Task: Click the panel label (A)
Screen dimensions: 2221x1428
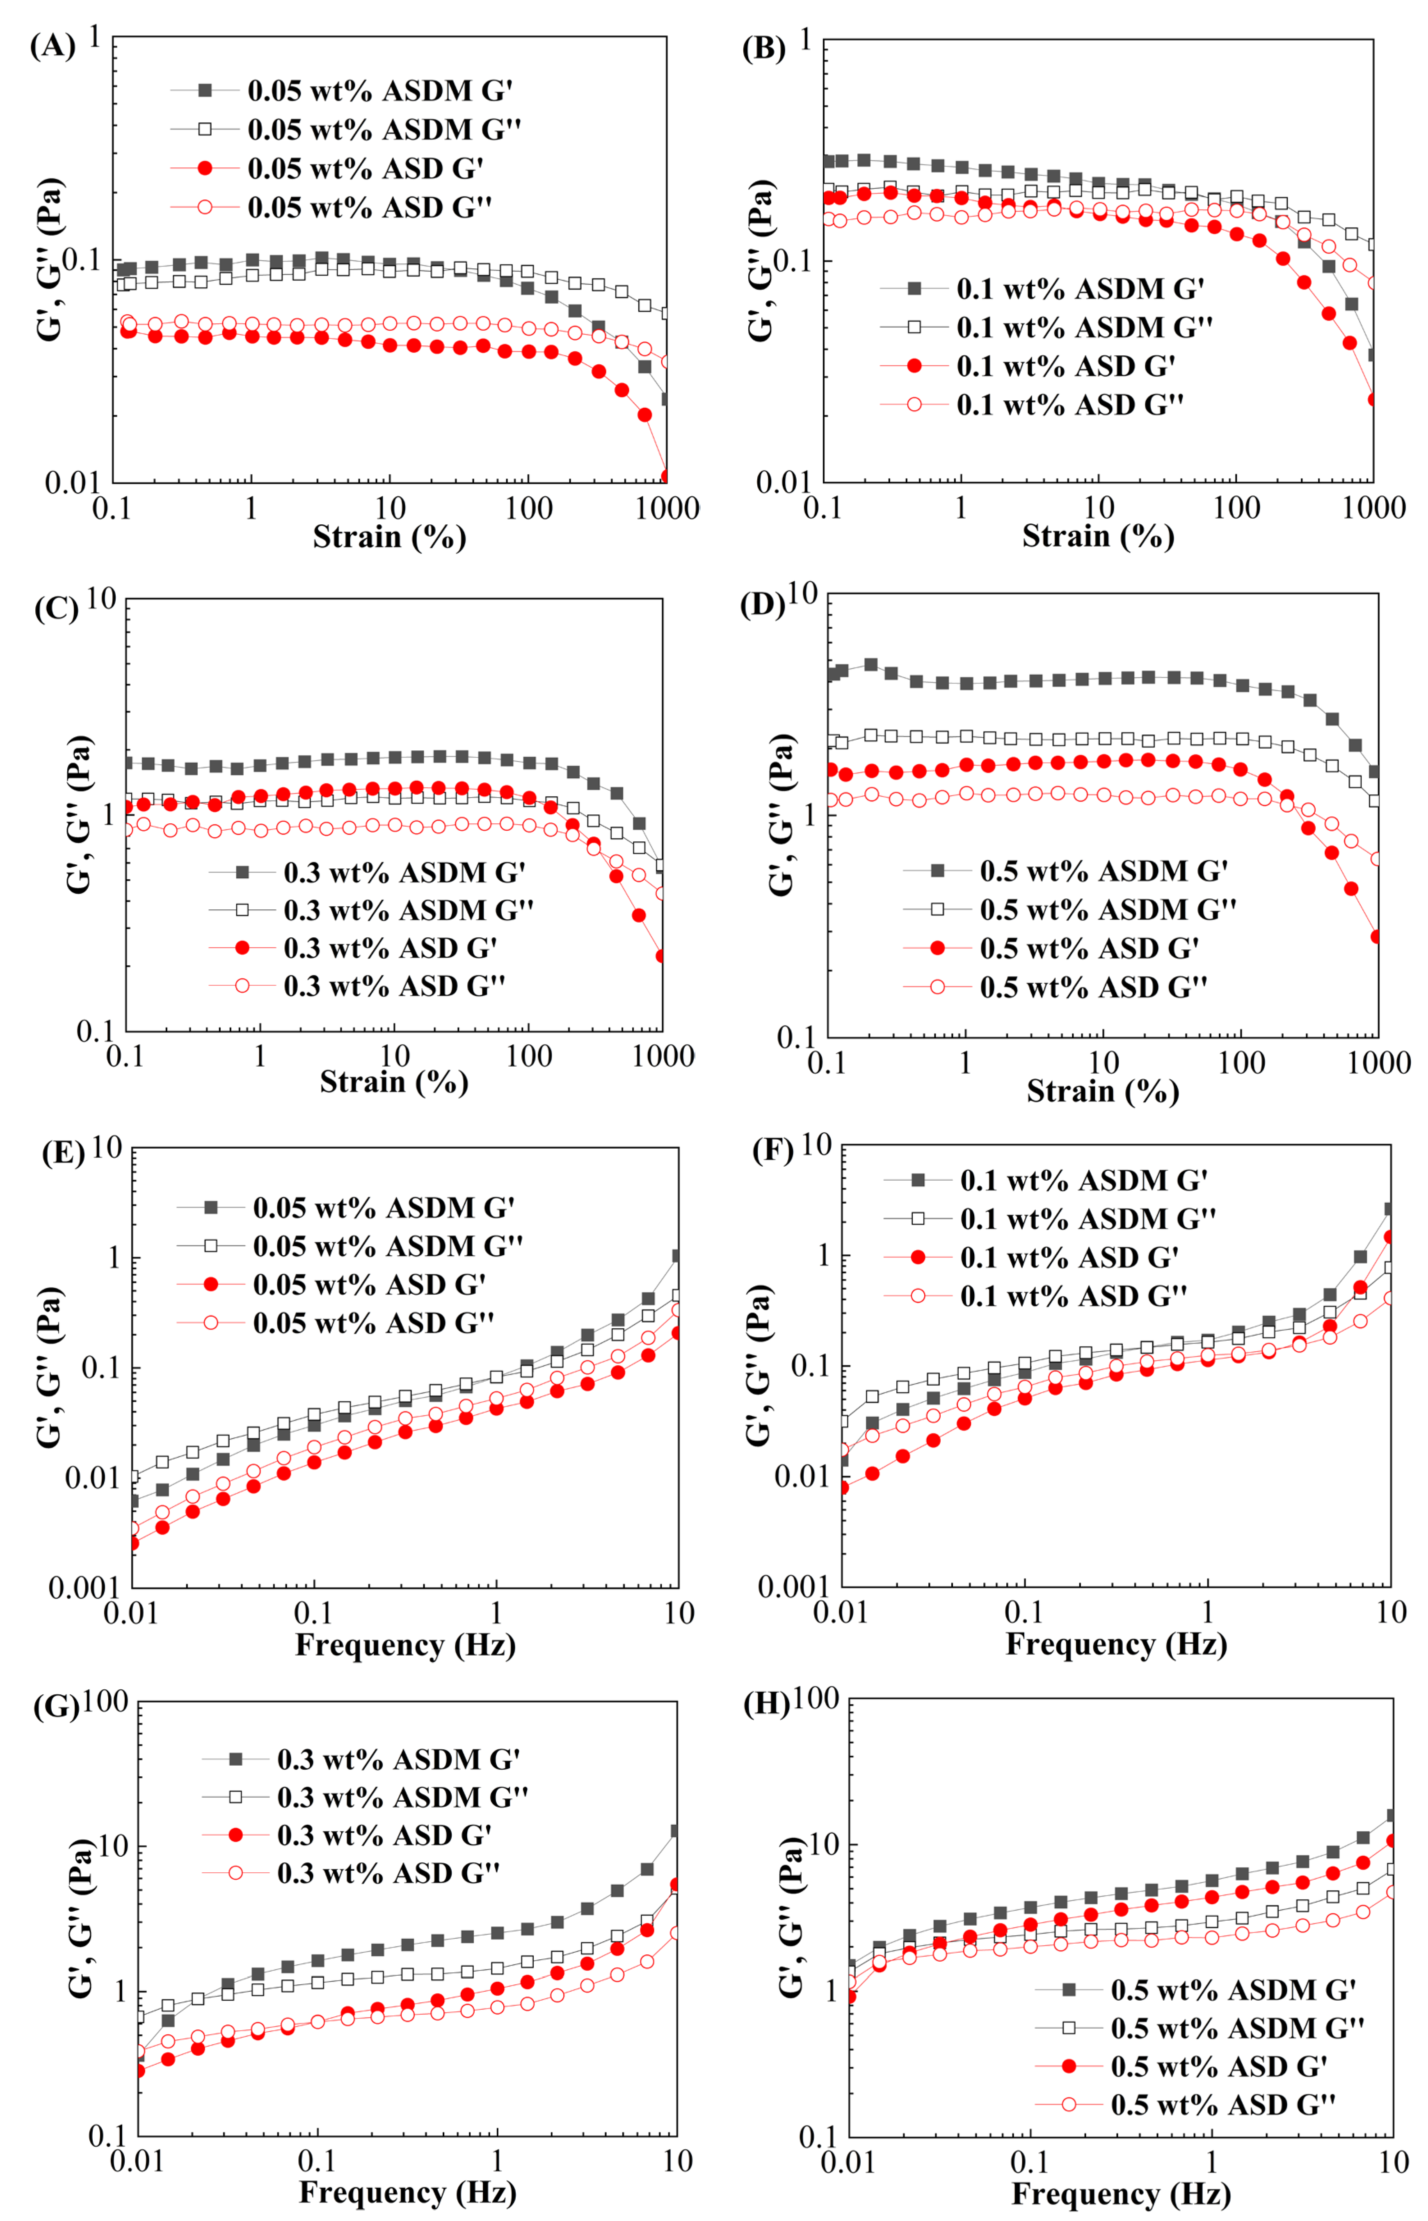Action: pyautogui.click(x=53, y=46)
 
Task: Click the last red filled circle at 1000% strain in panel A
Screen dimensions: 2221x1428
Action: pyautogui.click(x=666, y=476)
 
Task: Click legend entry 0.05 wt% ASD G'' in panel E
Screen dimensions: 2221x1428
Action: pyautogui.click(x=373, y=1323)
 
